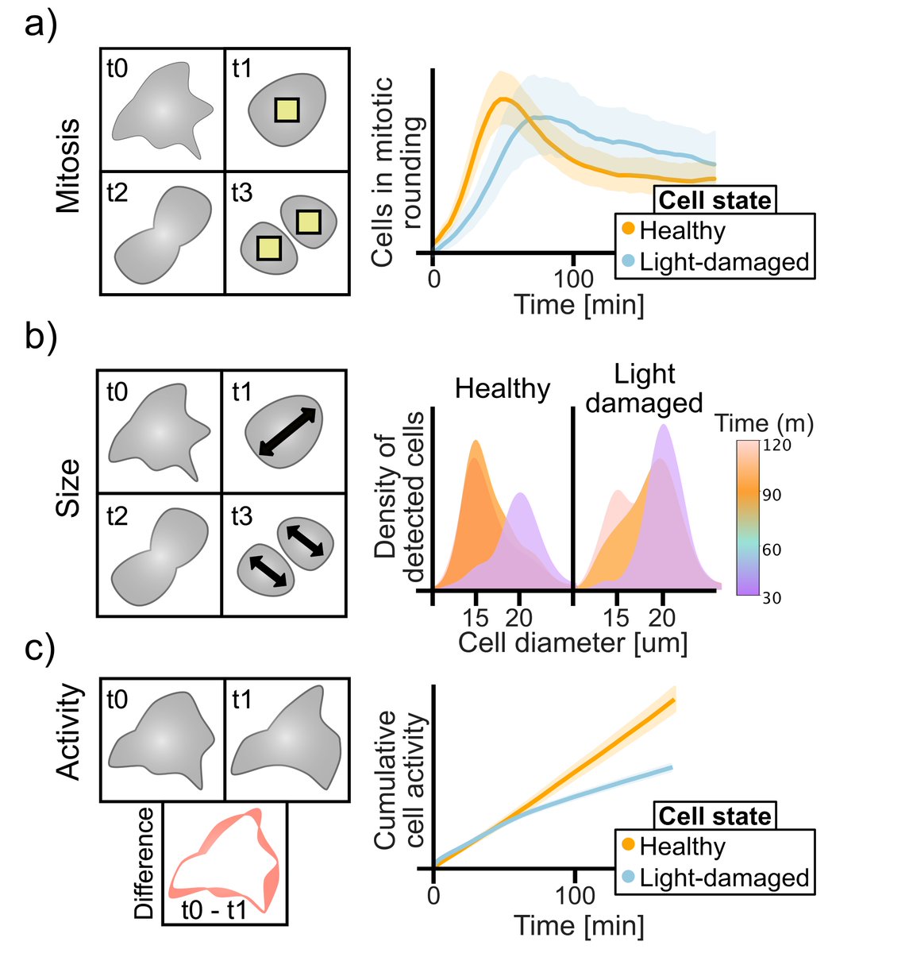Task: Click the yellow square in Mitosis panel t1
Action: [287, 110]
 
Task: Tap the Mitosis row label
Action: [70, 166]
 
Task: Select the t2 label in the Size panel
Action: [117, 516]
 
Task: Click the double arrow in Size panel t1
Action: [287, 432]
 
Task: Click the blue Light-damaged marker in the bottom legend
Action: [628, 878]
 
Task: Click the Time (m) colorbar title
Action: [764, 423]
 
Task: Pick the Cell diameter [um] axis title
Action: [572, 642]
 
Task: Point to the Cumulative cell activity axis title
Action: [398, 780]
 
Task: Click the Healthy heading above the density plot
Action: [503, 389]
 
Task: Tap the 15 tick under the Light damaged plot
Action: [616, 617]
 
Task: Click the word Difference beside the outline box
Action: [144, 863]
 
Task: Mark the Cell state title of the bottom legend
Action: [714, 816]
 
